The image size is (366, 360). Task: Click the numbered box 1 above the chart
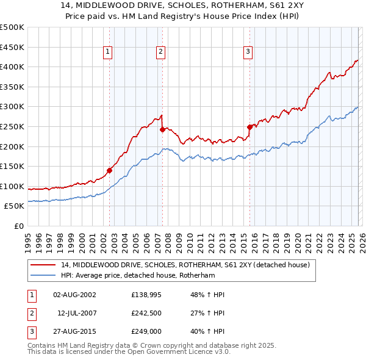pyautogui.click(x=107, y=52)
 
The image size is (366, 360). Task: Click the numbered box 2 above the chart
pyautogui.click(x=160, y=52)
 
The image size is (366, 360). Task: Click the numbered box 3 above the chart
pyautogui.click(x=248, y=52)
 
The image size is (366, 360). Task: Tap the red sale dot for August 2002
pyautogui.click(x=110, y=171)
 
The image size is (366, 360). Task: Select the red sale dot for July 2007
pyautogui.click(x=163, y=129)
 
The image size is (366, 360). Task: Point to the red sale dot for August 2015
pyautogui.click(x=250, y=127)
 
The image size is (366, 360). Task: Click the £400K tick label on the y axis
pyautogui.click(x=12, y=67)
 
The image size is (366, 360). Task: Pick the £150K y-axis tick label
pyautogui.click(x=12, y=166)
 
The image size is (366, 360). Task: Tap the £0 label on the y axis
pyautogui.click(x=19, y=226)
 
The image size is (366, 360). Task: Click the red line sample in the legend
pyautogui.click(x=43, y=265)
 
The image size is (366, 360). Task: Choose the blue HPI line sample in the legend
pyautogui.click(x=43, y=276)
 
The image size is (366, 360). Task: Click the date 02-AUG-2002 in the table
pyautogui.click(x=74, y=295)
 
